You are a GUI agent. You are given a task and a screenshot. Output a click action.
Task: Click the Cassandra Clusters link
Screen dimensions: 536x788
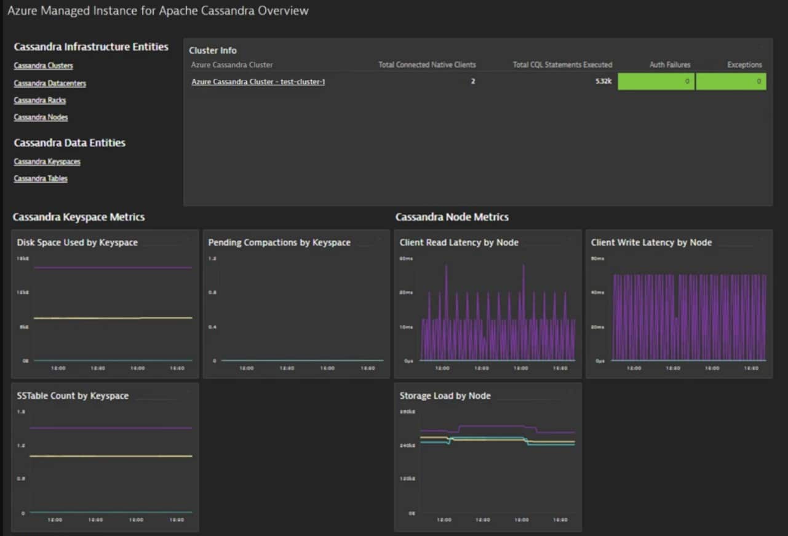[x=43, y=66]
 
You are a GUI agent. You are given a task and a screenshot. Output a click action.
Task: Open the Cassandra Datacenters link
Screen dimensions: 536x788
[x=50, y=83]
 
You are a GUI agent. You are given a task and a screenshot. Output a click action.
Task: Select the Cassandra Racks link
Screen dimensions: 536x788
[x=39, y=100]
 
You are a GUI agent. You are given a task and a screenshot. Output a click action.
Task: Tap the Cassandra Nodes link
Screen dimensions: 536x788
[x=41, y=118]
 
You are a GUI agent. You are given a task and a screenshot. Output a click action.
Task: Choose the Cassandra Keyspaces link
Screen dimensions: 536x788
[x=47, y=162]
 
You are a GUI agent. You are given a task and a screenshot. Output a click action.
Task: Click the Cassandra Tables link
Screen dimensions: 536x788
[x=41, y=179]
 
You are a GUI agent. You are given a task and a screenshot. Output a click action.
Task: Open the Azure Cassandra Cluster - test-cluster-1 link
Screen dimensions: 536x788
[x=258, y=81]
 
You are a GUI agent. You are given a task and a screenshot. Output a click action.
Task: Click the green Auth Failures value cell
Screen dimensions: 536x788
[x=656, y=81]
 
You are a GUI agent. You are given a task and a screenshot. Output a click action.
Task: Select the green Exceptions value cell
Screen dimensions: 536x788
[x=731, y=81]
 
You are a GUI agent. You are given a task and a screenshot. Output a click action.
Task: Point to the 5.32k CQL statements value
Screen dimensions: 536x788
[x=603, y=81]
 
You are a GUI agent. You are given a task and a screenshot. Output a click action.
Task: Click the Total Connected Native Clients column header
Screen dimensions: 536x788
[x=427, y=65]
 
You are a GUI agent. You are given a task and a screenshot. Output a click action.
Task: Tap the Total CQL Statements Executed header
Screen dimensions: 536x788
[x=562, y=65]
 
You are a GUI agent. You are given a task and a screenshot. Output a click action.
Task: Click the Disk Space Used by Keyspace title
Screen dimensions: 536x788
[x=78, y=242]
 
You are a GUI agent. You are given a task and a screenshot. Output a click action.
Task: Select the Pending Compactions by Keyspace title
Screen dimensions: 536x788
[x=279, y=242]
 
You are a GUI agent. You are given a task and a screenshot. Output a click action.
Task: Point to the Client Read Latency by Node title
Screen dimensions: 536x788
[x=459, y=242]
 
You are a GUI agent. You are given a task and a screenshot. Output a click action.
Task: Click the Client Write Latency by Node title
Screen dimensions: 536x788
[x=651, y=242]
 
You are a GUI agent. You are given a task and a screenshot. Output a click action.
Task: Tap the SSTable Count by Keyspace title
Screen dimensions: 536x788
[x=73, y=396]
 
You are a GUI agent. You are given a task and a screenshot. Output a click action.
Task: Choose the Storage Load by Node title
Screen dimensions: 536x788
[x=445, y=396]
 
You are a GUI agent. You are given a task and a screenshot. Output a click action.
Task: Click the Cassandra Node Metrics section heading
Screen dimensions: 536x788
[x=452, y=217]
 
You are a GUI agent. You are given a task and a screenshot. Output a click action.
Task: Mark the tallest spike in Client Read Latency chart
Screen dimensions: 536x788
[x=523, y=266]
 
